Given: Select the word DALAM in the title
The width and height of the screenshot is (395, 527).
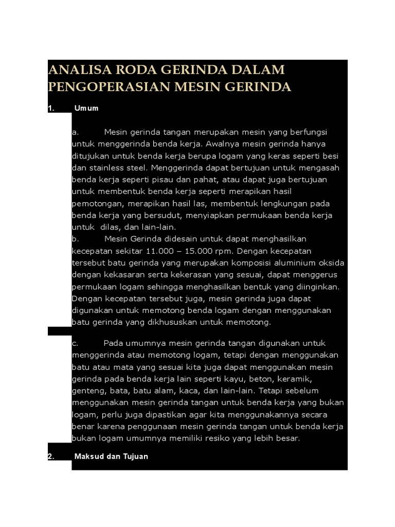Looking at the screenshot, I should (x=260, y=70).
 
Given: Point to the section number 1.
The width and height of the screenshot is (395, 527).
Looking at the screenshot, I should (x=50, y=109).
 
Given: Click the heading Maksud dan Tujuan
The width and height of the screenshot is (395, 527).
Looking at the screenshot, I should (x=111, y=456).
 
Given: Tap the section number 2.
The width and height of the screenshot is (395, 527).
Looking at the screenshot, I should (x=50, y=456).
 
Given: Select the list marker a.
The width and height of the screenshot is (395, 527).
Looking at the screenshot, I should (x=75, y=132).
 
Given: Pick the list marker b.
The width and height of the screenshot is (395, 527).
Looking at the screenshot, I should (x=75, y=239).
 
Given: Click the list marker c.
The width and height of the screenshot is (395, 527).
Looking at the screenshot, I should (x=75, y=343).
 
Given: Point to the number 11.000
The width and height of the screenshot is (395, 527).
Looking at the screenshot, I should (x=160, y=251).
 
